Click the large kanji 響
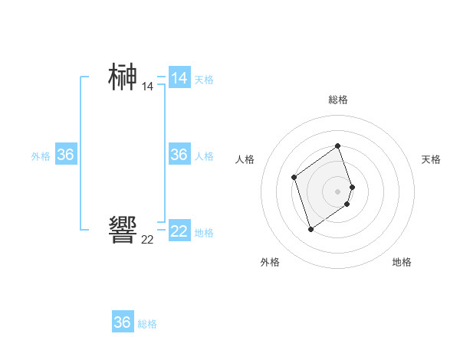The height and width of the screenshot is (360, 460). click(x=123, y=230)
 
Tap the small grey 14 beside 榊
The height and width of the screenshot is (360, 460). click(x=147, y=87)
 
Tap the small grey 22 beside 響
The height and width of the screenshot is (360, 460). click(x=147, y=240)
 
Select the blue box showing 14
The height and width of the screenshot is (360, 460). click(x=179, y=77)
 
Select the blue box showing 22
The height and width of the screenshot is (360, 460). click(x=179, y=231)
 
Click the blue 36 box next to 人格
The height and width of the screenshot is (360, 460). click(x=179, y=155)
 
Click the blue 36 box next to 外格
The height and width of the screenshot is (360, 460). click(x=66, y=155)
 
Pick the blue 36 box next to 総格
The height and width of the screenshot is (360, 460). click(x=123, y=322)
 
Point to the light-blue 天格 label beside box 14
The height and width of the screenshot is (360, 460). click(x=204, y=80)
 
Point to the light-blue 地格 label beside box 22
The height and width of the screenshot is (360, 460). click(x=204, y=233)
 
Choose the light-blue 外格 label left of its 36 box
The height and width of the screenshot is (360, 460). click(x=41, y=156)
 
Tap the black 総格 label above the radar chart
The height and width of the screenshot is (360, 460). click(x=338, y=100)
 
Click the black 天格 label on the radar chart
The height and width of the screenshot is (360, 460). click(x=432, y=159)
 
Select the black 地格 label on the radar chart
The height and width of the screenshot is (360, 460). click(x=402, y=262)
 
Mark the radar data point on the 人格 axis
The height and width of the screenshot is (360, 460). click(x=294, y=178)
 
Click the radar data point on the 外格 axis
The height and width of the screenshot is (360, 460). click(x=310, y=229)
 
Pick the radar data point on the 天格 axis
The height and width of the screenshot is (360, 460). click(x=352, y=187)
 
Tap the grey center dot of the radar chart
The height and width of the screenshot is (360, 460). click(x=338, y=191)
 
